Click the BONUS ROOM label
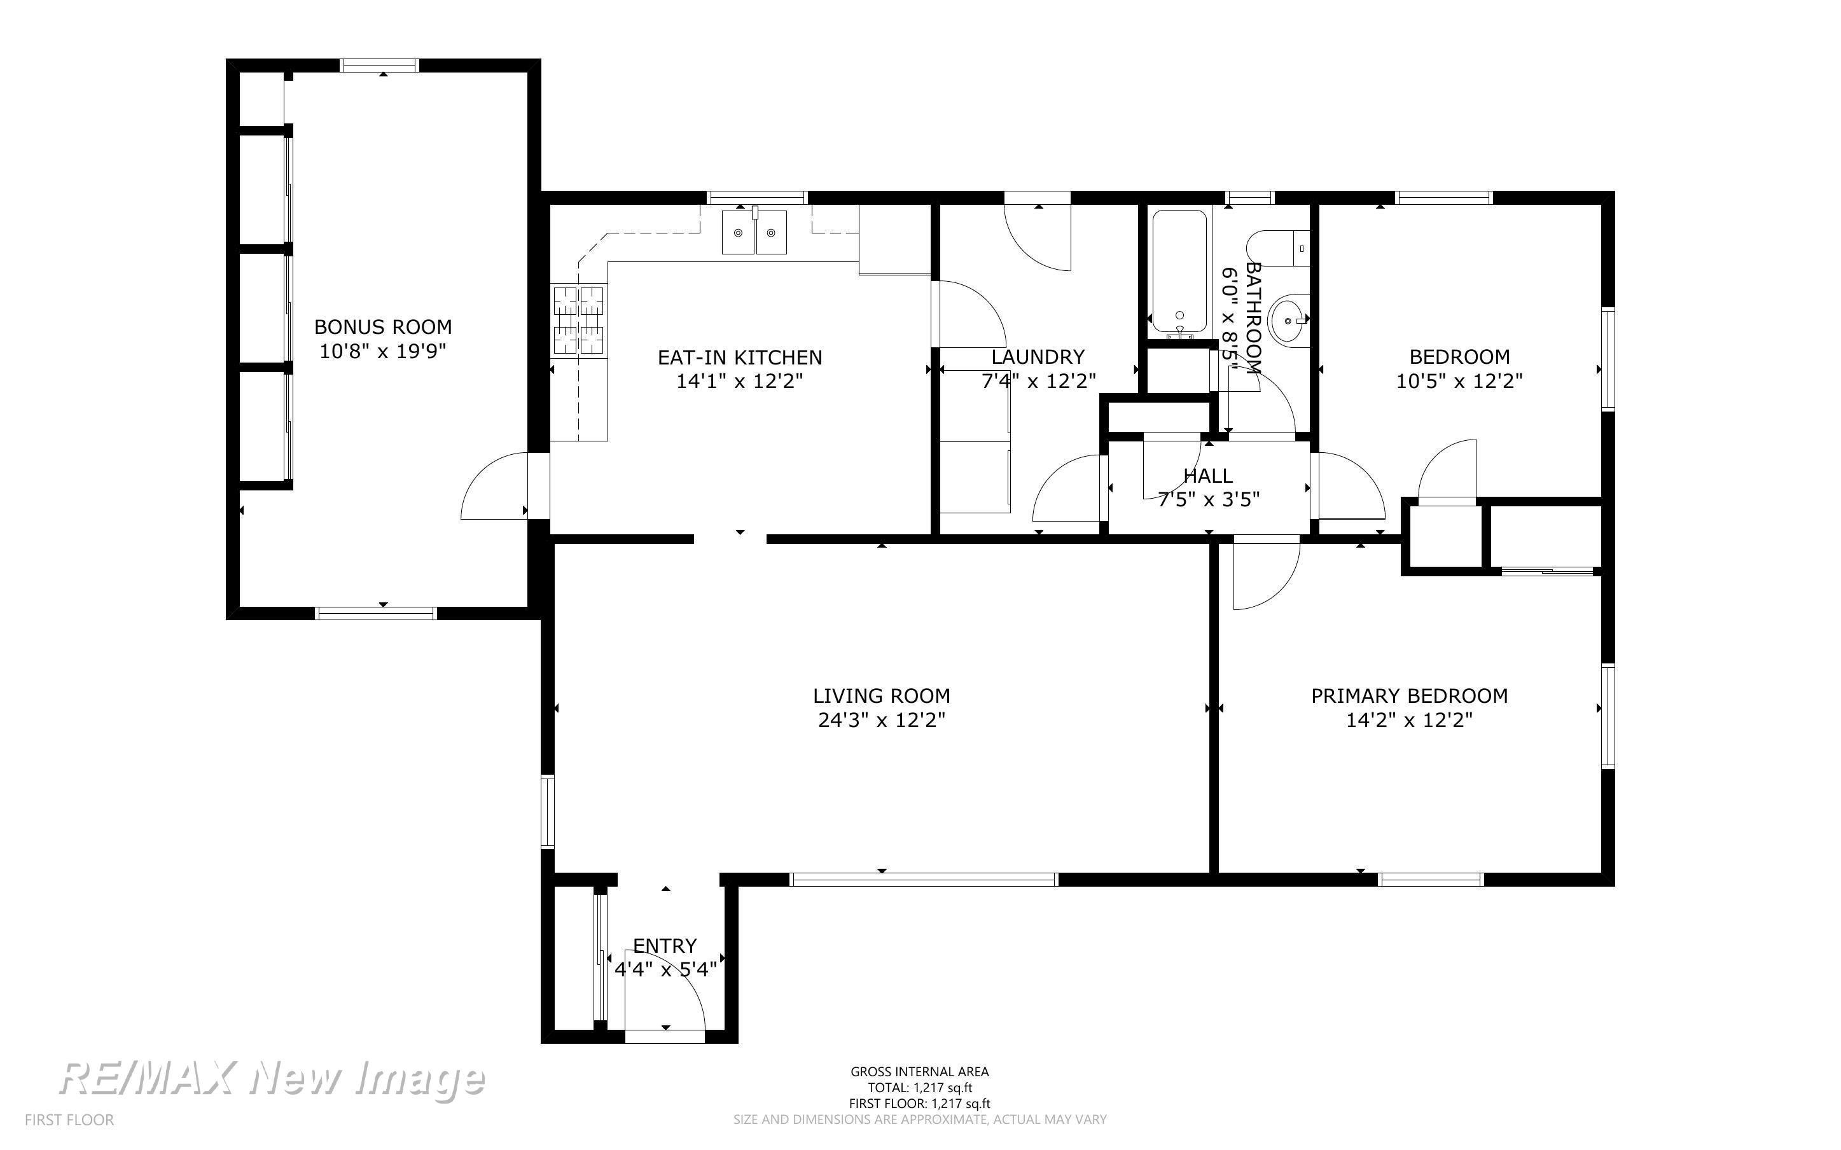382,327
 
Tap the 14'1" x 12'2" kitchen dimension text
739,381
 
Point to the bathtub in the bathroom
1179,273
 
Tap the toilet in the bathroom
1277,248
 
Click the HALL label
1207,476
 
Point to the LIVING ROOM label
881,696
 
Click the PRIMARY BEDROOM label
1409,696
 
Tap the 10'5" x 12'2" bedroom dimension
1459,381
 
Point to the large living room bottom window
924,879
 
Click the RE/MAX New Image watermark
272,1079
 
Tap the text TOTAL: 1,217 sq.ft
919,1088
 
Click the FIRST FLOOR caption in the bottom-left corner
69,1119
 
